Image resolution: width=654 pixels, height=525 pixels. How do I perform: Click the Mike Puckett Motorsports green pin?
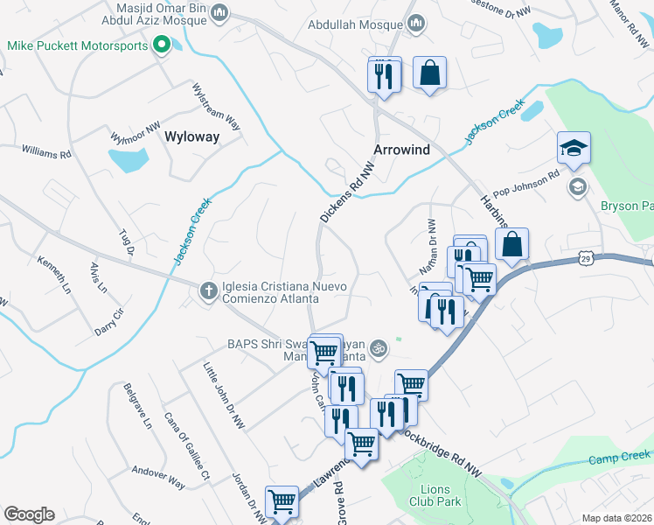pos(161,45)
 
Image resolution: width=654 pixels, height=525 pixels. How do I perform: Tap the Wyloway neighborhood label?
pos(191,137)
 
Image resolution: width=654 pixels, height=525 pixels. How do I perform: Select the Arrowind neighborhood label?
pos(402,150)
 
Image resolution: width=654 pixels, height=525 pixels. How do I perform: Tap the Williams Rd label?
pos(46,152)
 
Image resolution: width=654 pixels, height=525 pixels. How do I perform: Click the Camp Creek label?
pos(619,457)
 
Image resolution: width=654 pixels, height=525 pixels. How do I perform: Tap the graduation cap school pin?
pos(574,148)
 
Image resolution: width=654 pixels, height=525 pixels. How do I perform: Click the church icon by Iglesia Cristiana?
pos(208,290)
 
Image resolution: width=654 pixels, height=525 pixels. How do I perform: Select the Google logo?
pos(29,514)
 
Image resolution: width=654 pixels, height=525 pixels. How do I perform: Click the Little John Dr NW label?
pos(224,396)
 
